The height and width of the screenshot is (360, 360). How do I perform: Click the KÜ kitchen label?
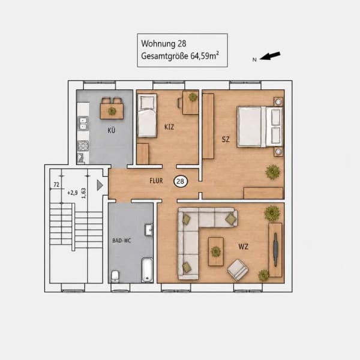[x=112, y=130]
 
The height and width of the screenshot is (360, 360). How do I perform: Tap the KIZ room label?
[x=169, y=127]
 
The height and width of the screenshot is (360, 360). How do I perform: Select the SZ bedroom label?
[x=226, y=139]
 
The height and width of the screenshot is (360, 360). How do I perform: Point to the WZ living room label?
[x=244, y=247]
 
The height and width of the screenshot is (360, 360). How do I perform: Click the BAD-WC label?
[x=121, y=241]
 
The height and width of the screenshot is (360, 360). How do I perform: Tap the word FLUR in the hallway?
[x=156, y=181]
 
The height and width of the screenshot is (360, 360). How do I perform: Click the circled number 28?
[x=181, y=181]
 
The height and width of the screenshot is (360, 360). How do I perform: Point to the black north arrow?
[x=270, y=56]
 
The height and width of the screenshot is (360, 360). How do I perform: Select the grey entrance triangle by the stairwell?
[x=100, y=185]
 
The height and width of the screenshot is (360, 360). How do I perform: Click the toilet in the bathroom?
[x=115, y=276]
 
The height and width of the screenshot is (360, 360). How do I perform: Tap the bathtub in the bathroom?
[x=147, y=270]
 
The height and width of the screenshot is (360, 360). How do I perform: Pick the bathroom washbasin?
[x=149, y=230]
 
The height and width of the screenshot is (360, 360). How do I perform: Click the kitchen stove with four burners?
[x=83, y=146]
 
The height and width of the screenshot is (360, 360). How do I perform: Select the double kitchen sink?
[x=83, y=124]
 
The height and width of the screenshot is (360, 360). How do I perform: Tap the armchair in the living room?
[x=238, y=270]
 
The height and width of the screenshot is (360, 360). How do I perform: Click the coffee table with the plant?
[x=216, y=251]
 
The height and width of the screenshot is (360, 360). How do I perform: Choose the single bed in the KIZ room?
[x=147, y=116]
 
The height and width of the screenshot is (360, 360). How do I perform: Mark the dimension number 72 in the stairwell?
[x=56, y=185]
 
